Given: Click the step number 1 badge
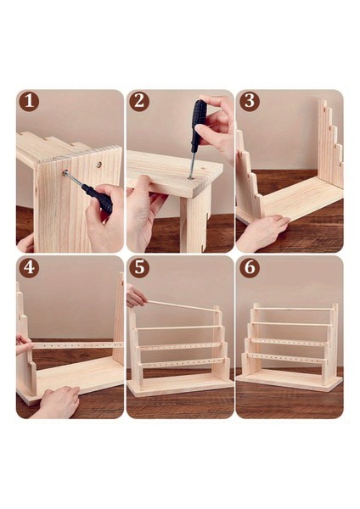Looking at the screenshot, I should pos(31,102).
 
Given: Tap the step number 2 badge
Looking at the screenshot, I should pos(140,102).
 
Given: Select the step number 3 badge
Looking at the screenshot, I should pos(249,102).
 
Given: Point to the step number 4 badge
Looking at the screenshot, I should pos(31,269).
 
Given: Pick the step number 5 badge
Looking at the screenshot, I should pos(140,269).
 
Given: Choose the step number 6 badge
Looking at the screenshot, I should pos(249,269).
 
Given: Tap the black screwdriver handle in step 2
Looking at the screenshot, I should pos(197,126).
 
